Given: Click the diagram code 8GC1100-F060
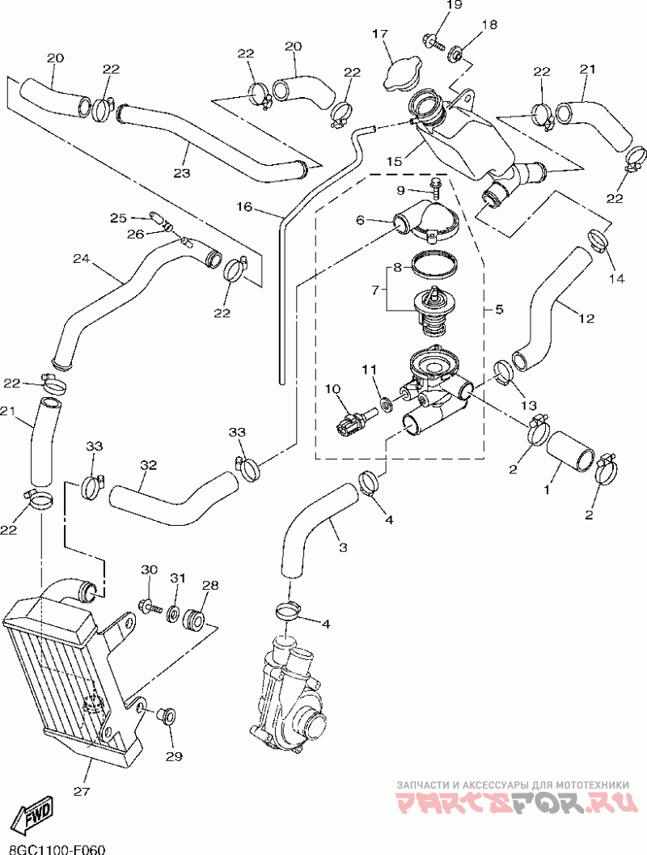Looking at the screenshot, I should pyautogui.click(x=53, y=849).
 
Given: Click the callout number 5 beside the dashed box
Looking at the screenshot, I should pyautogui.click(x=499, y=309).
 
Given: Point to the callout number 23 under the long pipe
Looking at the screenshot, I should pyautogui.click(x=181, y=173).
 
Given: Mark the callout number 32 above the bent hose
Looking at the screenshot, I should pyautogui.click(x=147, y=465).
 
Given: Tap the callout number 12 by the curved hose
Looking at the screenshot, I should pyautogui.click(x=586, y=319).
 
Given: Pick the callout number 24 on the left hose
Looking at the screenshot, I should pyautogui.click(x=80, y=260).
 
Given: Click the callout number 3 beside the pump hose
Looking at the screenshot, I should pyautogui.click(x=342, y=548).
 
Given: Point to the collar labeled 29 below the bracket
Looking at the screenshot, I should pyautogui.click(x=167, y=715).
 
